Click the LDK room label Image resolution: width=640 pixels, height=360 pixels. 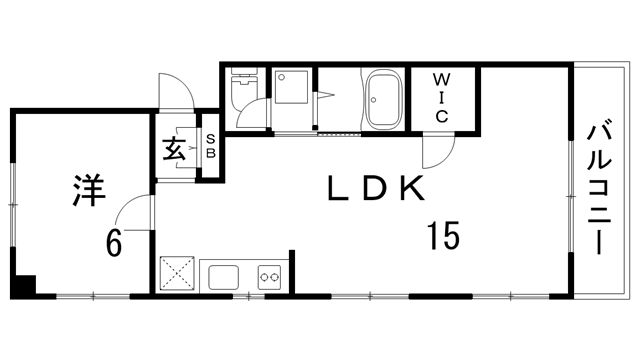pos(376,188)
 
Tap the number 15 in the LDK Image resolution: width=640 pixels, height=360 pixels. pos(443,236)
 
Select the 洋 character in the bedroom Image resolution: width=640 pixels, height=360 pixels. pos(89,191)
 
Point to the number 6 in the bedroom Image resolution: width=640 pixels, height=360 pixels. pos(114,242)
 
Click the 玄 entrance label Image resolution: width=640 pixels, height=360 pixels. pos(174,148)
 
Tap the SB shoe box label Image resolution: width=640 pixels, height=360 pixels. pos(211,146)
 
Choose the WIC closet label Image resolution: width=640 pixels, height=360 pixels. pos(442,98)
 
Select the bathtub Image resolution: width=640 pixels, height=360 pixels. pos(383,100)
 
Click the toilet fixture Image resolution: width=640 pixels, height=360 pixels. pos(244,88)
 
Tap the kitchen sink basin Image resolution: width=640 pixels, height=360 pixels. pos(224,277)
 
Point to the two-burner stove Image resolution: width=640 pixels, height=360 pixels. pos(269,277)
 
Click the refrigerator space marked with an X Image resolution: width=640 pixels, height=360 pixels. pos(177,274)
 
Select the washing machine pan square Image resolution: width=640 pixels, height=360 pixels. pos(291,87)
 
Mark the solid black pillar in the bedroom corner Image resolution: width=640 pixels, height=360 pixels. pos(23,287)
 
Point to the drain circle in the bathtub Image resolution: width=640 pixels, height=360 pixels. pos(373,100)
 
